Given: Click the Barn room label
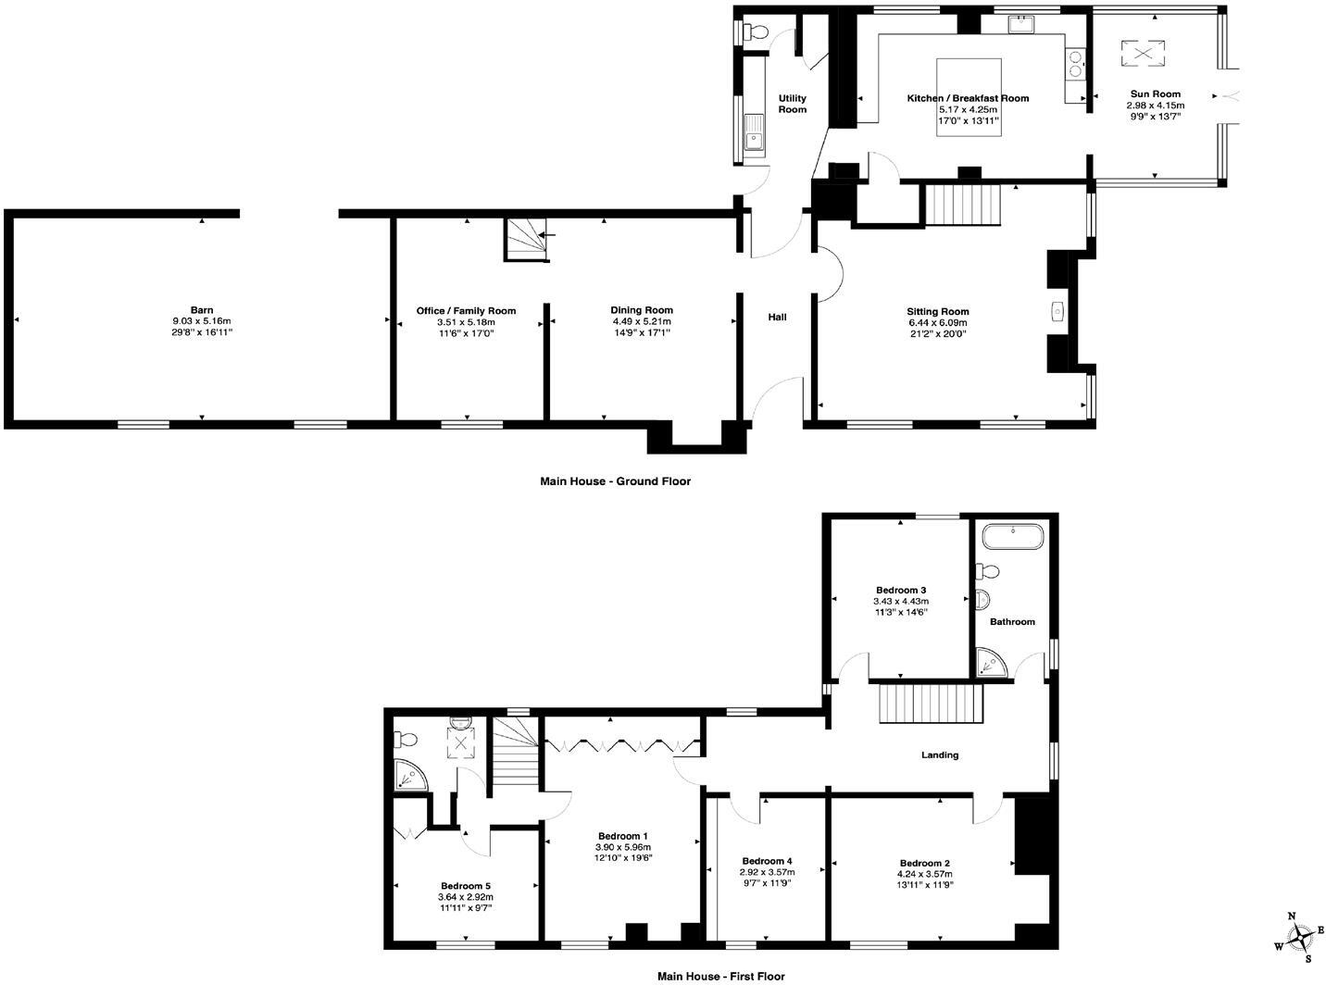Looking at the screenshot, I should click(202, 310).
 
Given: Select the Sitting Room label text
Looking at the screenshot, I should click(937, 312).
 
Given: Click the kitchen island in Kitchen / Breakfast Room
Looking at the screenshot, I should click(969, 96).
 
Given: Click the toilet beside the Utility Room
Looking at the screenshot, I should click(756, 32).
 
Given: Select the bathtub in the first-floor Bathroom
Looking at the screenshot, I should click(1013, 536).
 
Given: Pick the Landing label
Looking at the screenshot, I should click(939, 755).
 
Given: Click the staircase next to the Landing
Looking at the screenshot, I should click(930, 704).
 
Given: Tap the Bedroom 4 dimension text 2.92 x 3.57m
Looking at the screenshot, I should click(766, 872).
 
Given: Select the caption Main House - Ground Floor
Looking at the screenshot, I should click(615, 481).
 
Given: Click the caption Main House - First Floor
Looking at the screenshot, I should click(720, 976).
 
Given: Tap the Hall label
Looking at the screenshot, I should click(777, 318).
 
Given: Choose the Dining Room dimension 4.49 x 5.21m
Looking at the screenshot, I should click(641, 321).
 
